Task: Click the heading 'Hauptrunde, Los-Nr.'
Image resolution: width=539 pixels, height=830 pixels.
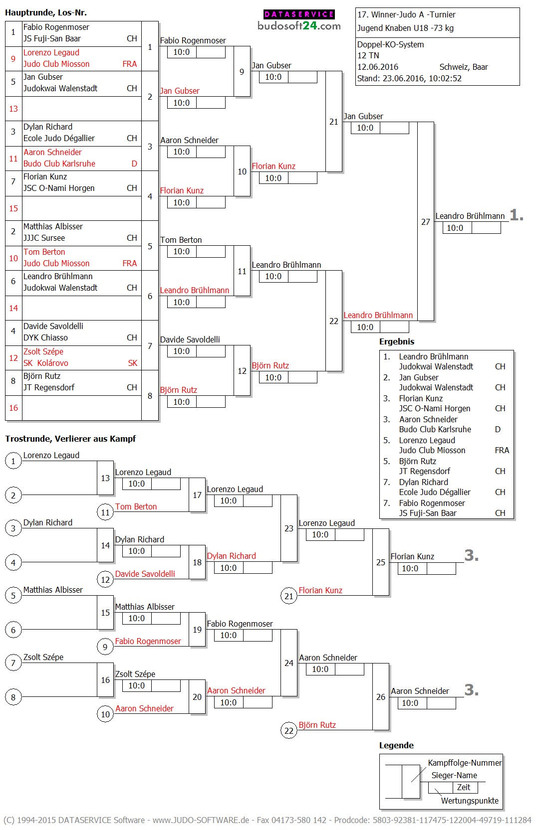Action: click(x=46, y=13)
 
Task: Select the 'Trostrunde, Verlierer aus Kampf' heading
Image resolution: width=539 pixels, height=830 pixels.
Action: click(x=70, y=439)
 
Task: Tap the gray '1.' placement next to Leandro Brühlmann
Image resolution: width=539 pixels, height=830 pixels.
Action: click(x=517, y=215)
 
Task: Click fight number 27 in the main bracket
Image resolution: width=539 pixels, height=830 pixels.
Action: click(x=425, y=222)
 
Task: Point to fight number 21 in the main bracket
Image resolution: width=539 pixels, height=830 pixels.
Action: click(x=333, y=122)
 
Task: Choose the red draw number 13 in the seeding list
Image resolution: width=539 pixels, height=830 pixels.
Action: click(x=13, y=109)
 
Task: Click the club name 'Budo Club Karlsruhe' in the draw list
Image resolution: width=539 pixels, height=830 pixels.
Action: click(x=59, y=164)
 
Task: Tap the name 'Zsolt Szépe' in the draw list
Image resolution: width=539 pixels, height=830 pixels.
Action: click(x=43, y=351)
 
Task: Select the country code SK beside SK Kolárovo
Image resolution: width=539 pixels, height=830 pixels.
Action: click(x=132, y=363)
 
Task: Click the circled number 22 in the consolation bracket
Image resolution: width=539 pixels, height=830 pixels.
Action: click(x=289, y=731)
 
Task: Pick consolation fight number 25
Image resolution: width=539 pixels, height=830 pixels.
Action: click(x=380, y=562)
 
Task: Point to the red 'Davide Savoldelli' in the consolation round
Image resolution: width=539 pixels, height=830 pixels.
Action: click(x=145, y=574)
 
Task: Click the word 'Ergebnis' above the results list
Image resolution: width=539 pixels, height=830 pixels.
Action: click(x=397, y=341)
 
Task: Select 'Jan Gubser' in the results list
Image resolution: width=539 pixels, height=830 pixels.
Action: click(x=419, y=377)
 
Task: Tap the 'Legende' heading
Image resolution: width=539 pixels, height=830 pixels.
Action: click(x=396, y=745)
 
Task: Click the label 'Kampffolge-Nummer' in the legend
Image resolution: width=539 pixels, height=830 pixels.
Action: click(x=465, y=763)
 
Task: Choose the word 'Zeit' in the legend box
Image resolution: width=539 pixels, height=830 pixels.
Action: click(x=464, y=787)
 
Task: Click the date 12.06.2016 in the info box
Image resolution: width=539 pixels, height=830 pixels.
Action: click(x=378, y=67)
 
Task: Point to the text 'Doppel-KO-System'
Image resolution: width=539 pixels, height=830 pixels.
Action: click(x=390, y=44)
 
